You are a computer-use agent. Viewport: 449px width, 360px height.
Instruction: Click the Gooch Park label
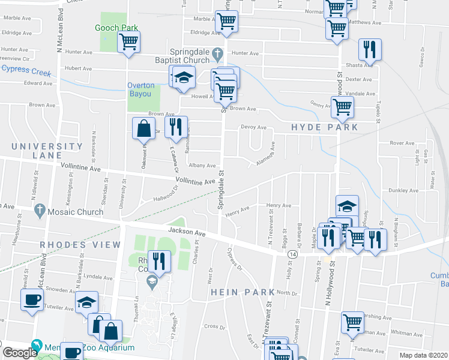tap(116, 28)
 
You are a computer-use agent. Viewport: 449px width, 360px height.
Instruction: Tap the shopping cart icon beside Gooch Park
tap(128, 43)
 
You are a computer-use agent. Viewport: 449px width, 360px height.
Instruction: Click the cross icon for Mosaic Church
tap(40, 209)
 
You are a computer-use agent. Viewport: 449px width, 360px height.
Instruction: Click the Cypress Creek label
tap(26, 70)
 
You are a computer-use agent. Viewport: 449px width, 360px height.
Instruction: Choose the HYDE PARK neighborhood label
tap(324, 127)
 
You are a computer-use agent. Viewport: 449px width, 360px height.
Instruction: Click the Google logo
tap(20, 353)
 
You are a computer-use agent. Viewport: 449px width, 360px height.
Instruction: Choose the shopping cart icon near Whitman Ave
tap(352, 322)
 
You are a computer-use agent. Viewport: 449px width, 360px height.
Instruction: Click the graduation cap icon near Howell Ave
tap(184, 78)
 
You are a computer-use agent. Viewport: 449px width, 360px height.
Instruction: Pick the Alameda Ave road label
tap(265, 157)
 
